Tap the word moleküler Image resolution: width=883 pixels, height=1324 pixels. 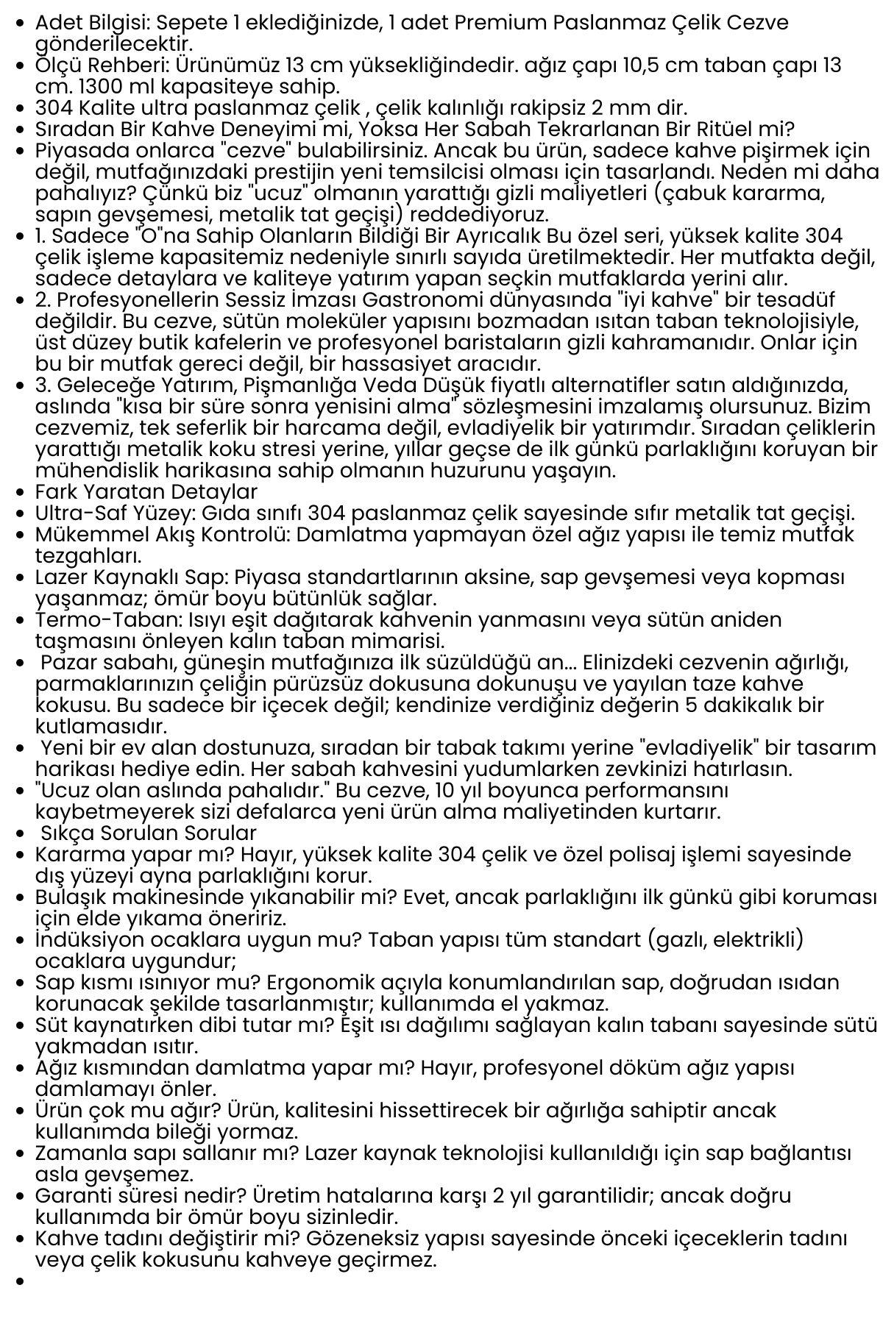coord(340,321)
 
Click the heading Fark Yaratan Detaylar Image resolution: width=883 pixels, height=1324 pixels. coord(146,491)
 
